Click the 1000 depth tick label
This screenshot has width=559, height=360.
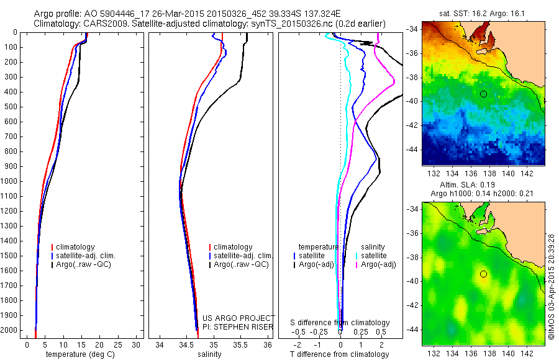tap(10, 181)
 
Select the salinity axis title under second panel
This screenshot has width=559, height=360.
tap(209, 354)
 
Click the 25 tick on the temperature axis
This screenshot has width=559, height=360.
tap(119, 344)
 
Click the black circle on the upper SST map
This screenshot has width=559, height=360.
tap(483, 94)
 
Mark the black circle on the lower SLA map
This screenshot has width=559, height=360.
tap(483, 274)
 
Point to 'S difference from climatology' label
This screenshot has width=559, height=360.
tap(340, 323)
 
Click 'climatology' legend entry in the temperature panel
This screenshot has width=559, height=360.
tap(76, 247)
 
